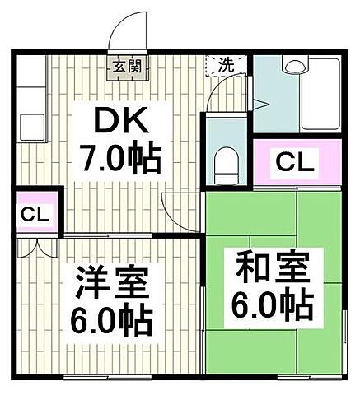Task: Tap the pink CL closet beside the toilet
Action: [294, 161]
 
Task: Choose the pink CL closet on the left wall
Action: [35, 215]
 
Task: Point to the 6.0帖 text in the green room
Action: [273, 306]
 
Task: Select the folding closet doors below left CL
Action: [35, 246]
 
